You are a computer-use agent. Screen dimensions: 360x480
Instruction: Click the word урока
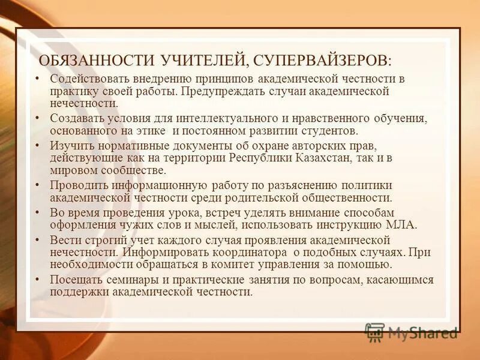pyautogui.click(x=181, y=214)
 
